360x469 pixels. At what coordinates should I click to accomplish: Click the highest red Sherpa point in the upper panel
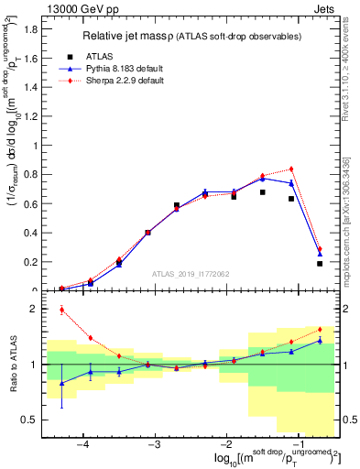coord(291,169)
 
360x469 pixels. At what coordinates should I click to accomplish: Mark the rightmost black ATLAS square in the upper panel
coord(320,264)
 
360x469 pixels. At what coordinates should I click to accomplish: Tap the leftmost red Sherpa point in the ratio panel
coord(61,310)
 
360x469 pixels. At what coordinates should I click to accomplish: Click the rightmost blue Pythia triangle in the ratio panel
coord(320,340)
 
